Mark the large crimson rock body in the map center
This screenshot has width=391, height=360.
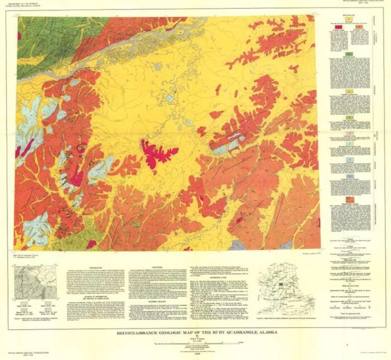(x=156, y=154)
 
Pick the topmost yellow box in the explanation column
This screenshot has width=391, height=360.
(x=350, y=18)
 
